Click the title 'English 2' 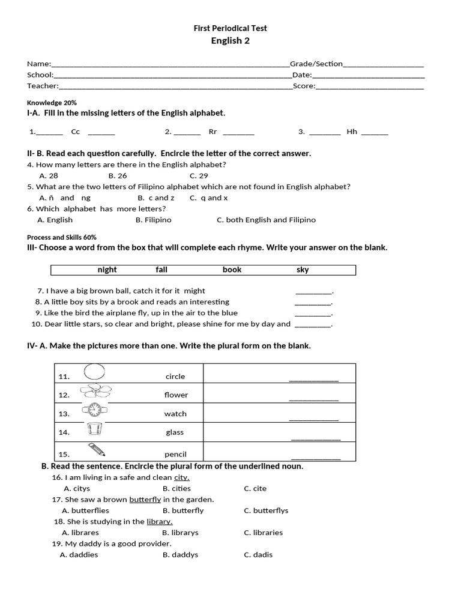pyautogui.click(x=230, y=41)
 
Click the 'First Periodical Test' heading pyautogui.click(x=230, y=28)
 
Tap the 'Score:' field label pyautogui.click(x=304, y=86)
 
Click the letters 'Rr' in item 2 pyautogui.click(x=212, y=132)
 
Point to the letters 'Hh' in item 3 pyautogui.click(x=352, y=132)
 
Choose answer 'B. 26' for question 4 pyautogui.click(x=118, y=176)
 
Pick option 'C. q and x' pyautogui.click(x=208, y=198)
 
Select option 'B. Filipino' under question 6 pyautogui.click(x=154, y=220)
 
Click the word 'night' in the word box pyautogui.click(x=107, y=270)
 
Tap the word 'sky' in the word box pyautogui.click(x=303, y=270)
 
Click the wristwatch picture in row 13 pyautogui.click(x=94, y=411)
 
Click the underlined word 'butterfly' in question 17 pyautogui.click(x=145, y=499)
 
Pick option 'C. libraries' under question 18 pyautogui.click(x=263, y=532)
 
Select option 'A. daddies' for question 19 pyautogui.click(x=79, y=554)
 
